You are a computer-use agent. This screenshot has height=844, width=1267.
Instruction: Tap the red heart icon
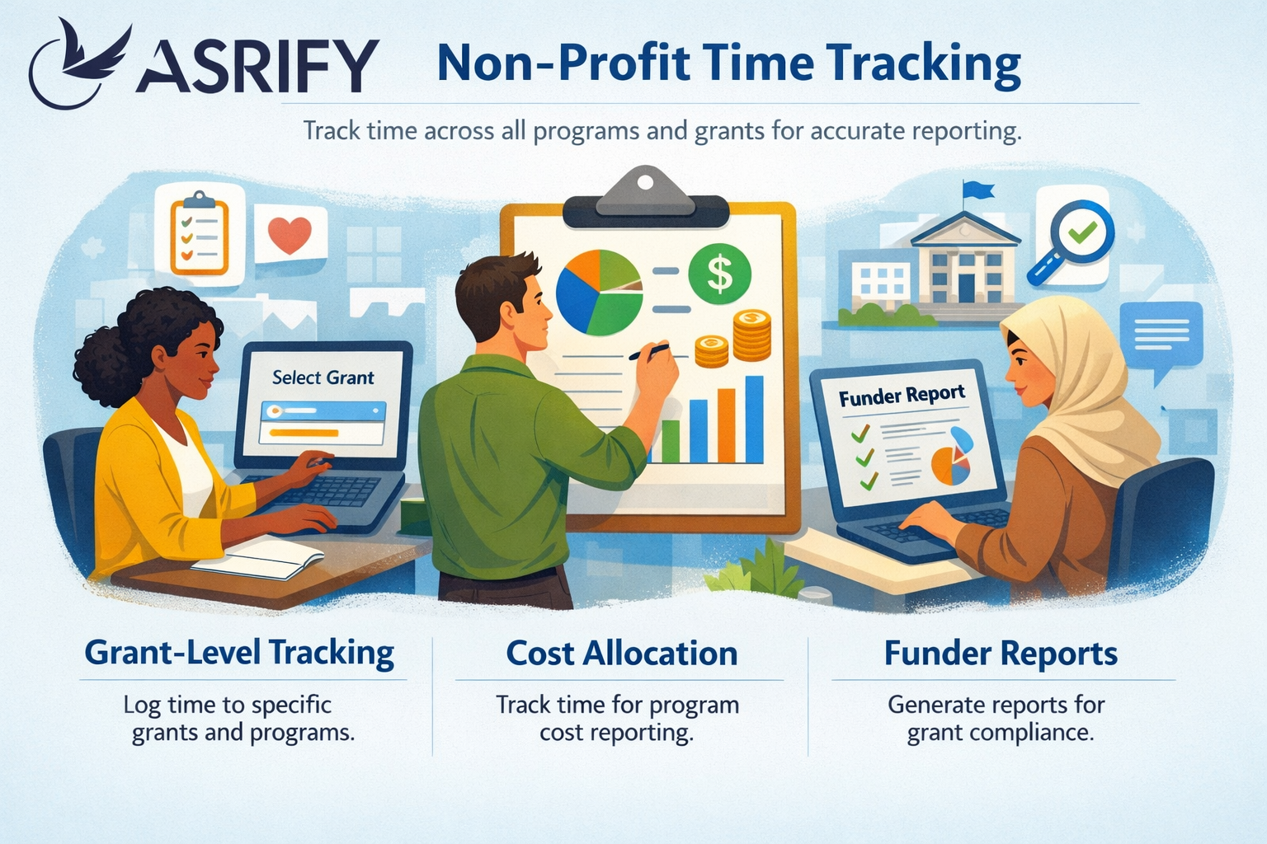point(290,234)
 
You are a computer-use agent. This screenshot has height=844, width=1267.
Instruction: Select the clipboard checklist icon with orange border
point(199,232)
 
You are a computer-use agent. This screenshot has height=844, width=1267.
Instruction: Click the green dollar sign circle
point(719,274)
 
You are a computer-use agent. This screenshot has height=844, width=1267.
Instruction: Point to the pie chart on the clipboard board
point(599,293)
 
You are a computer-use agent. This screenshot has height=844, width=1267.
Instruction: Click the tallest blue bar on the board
point(754,419)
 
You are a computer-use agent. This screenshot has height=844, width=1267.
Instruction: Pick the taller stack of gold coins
point(751,335)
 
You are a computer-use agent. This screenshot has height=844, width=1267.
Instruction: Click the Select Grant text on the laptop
point(323,377)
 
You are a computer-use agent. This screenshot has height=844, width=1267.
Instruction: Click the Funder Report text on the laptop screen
point(902,396)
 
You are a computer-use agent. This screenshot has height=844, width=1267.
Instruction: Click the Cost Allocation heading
point(621,654)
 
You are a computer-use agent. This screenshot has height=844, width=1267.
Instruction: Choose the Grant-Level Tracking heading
point(239,653)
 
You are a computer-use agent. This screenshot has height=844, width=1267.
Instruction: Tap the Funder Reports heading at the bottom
point(1001,654)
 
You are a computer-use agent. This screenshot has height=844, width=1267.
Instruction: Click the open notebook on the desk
point(257,560)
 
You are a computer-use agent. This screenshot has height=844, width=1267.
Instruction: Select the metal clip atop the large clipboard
point(646,197)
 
